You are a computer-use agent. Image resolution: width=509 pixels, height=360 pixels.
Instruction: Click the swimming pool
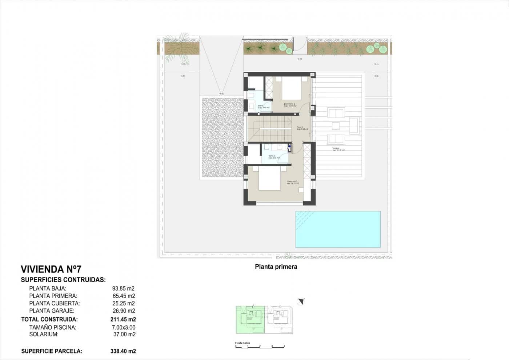pos(338,229)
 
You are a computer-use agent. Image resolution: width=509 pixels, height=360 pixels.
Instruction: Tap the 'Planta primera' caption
pos(276,267)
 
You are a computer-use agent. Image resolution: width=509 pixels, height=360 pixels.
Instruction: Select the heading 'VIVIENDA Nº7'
pos(51,269)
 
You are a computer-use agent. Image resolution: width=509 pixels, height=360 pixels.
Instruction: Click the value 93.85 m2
pos(123,288)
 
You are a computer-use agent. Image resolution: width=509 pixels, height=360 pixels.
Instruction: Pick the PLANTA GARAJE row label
pos(52,311)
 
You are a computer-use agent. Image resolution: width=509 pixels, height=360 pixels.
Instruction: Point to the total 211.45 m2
pos(123,319)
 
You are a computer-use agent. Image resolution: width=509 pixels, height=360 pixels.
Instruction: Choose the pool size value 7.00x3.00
pos(123,327)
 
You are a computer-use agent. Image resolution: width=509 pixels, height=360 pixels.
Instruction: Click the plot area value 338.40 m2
pos(123,351)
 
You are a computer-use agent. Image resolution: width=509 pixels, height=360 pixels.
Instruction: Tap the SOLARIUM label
pos(44,334)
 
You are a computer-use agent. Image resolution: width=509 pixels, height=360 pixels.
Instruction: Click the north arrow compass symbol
pos(301,301)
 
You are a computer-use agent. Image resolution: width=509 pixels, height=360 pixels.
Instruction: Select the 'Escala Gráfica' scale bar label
pos(243,343)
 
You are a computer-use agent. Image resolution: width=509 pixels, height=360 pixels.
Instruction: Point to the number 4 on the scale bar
pos(284,346)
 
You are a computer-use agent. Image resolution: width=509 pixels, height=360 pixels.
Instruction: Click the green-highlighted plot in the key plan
pos(250,320)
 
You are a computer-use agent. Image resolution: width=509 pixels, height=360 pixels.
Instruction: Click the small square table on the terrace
pos(336,126)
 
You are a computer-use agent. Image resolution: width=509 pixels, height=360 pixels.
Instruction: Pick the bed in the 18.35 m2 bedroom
pos(269,179)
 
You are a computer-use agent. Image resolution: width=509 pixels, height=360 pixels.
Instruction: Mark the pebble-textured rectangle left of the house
pos(222,137)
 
